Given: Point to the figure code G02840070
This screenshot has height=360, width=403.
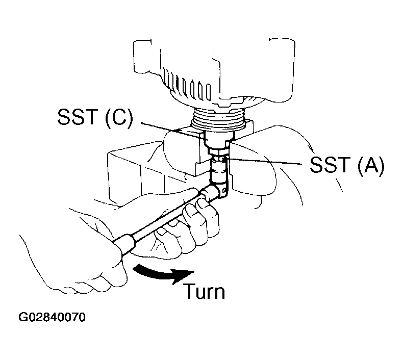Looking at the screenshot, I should pos(52,318).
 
